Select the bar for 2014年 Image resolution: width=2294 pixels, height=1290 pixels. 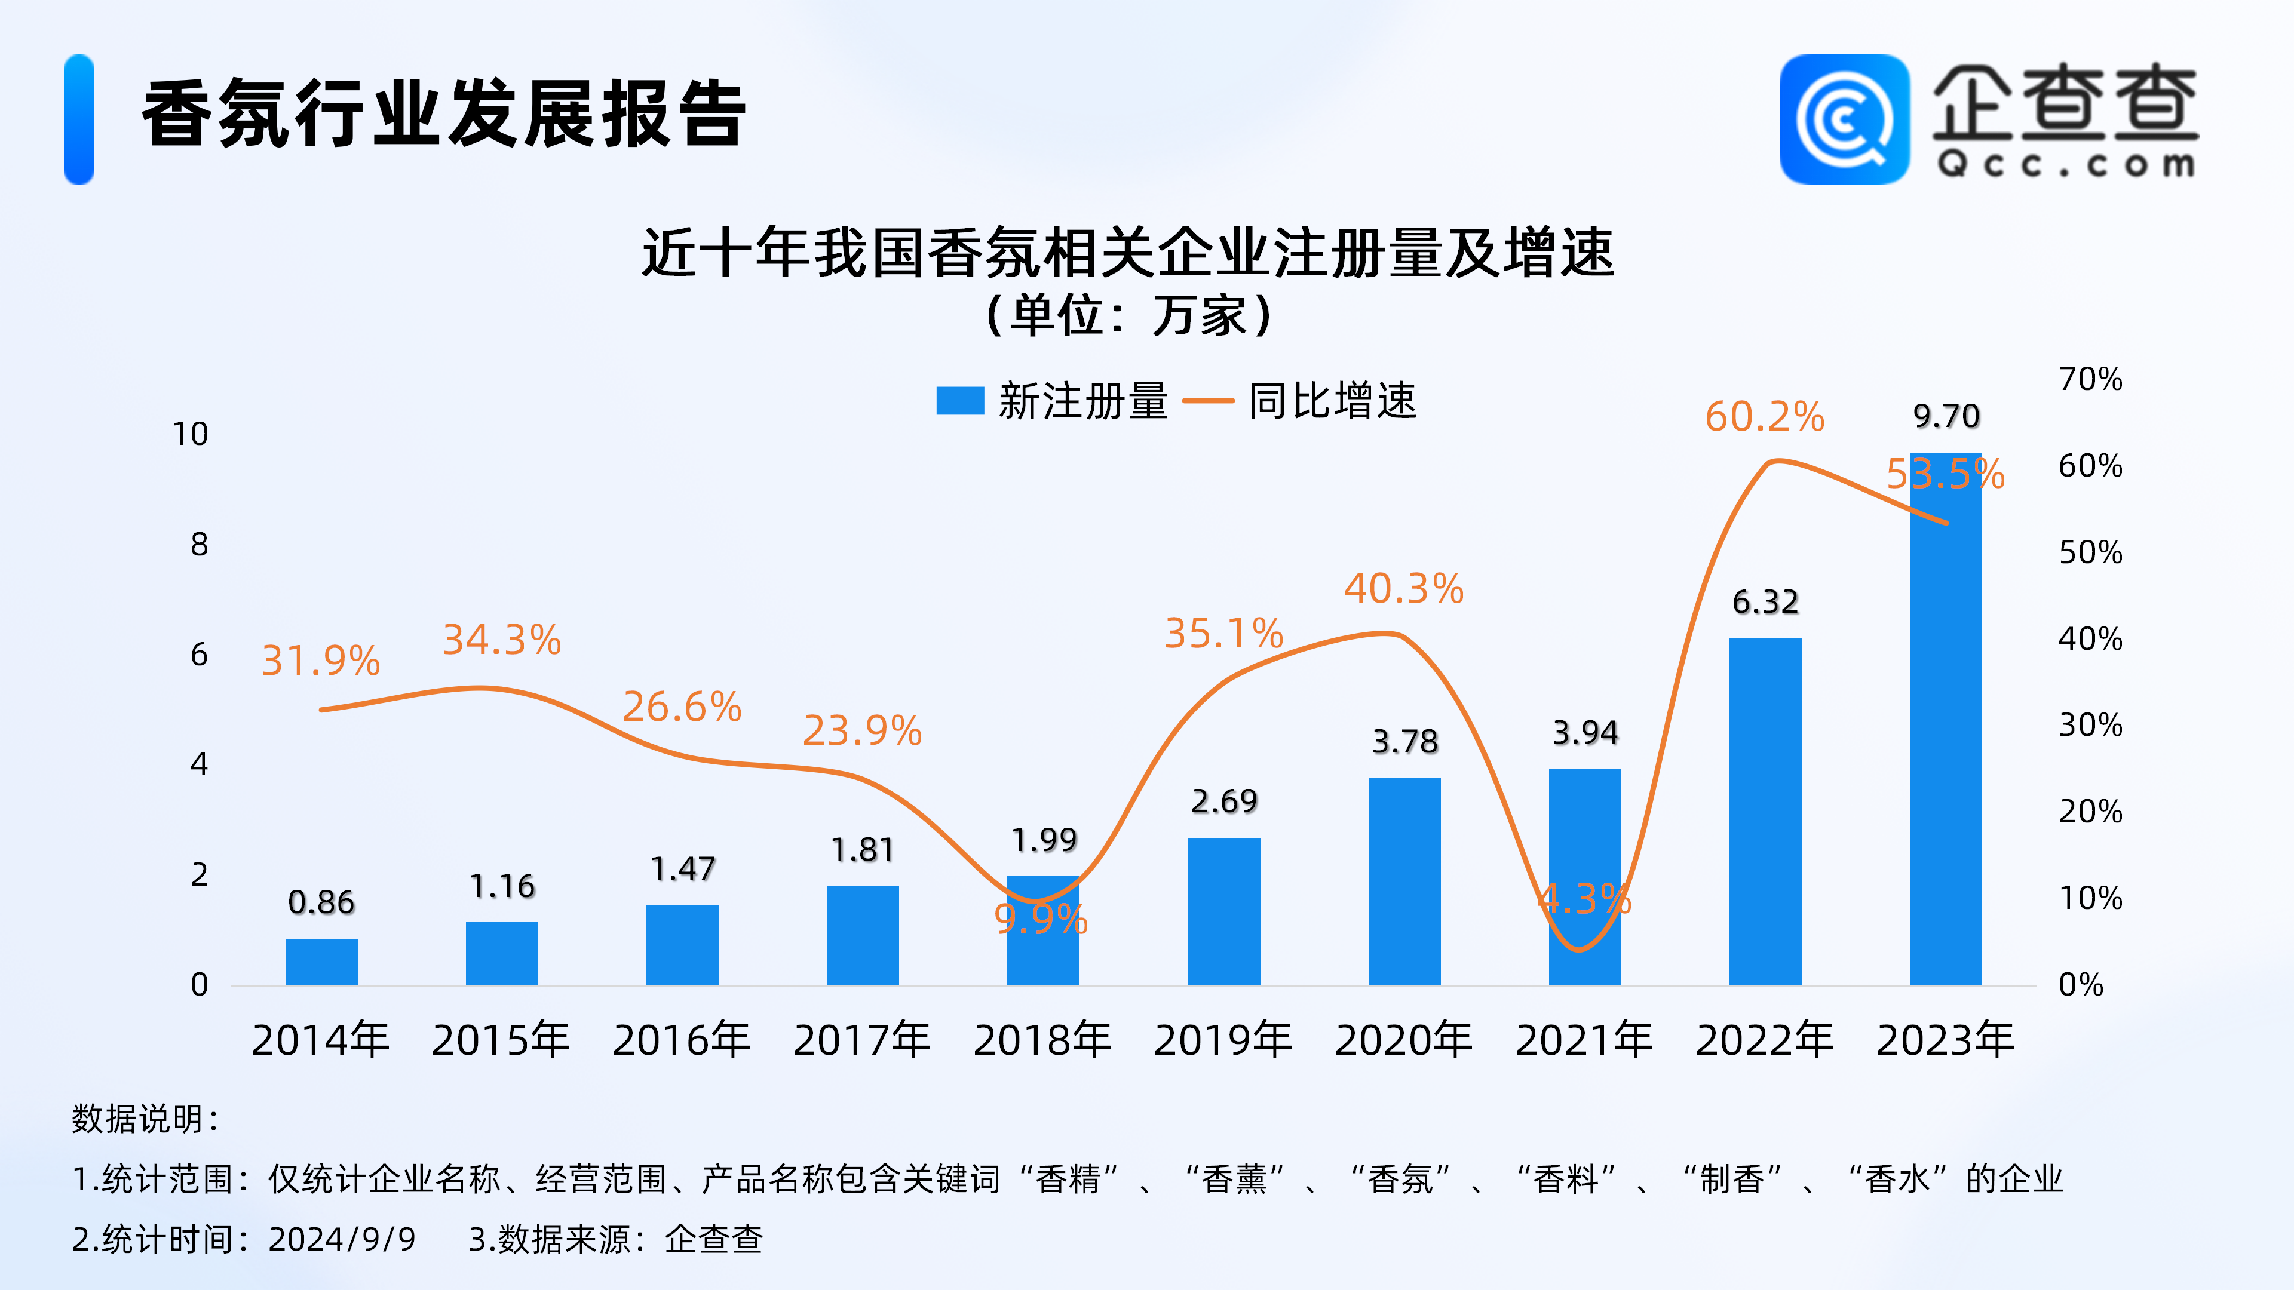321,962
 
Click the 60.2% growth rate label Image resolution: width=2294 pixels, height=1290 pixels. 1764,417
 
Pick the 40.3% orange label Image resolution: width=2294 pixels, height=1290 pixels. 1403,588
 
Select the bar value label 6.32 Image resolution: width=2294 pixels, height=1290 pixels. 1765,603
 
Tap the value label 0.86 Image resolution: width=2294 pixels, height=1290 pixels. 321,903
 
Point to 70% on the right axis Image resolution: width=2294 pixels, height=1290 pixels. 2090,379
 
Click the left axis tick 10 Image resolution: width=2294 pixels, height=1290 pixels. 190,434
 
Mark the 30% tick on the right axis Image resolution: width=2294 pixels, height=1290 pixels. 2090,726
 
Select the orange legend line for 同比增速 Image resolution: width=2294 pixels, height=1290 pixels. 1207,401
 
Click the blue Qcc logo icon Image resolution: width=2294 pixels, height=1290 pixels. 1844,119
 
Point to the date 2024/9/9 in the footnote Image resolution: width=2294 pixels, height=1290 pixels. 342,1239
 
